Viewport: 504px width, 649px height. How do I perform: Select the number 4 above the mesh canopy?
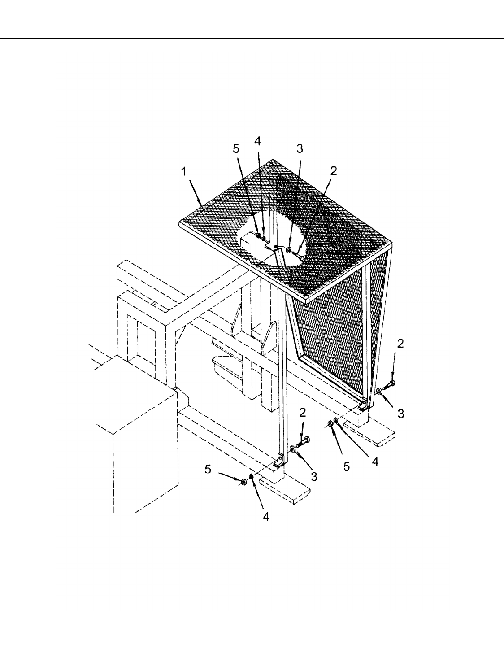click(257, 141)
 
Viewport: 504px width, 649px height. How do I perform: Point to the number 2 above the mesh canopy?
click(333, 170)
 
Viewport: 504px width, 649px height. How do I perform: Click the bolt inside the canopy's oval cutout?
click(298, 256)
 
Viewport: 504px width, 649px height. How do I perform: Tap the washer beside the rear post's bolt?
click(379, 392)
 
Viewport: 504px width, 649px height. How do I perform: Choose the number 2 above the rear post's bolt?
click(400, 344)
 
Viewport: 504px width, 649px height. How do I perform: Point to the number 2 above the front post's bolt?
click(303, 412)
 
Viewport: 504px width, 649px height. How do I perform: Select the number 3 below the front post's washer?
click(314, 477)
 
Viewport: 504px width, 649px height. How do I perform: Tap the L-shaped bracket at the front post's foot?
click(279, 461)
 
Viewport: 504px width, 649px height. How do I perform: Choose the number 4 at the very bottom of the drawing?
click(265, 517)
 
